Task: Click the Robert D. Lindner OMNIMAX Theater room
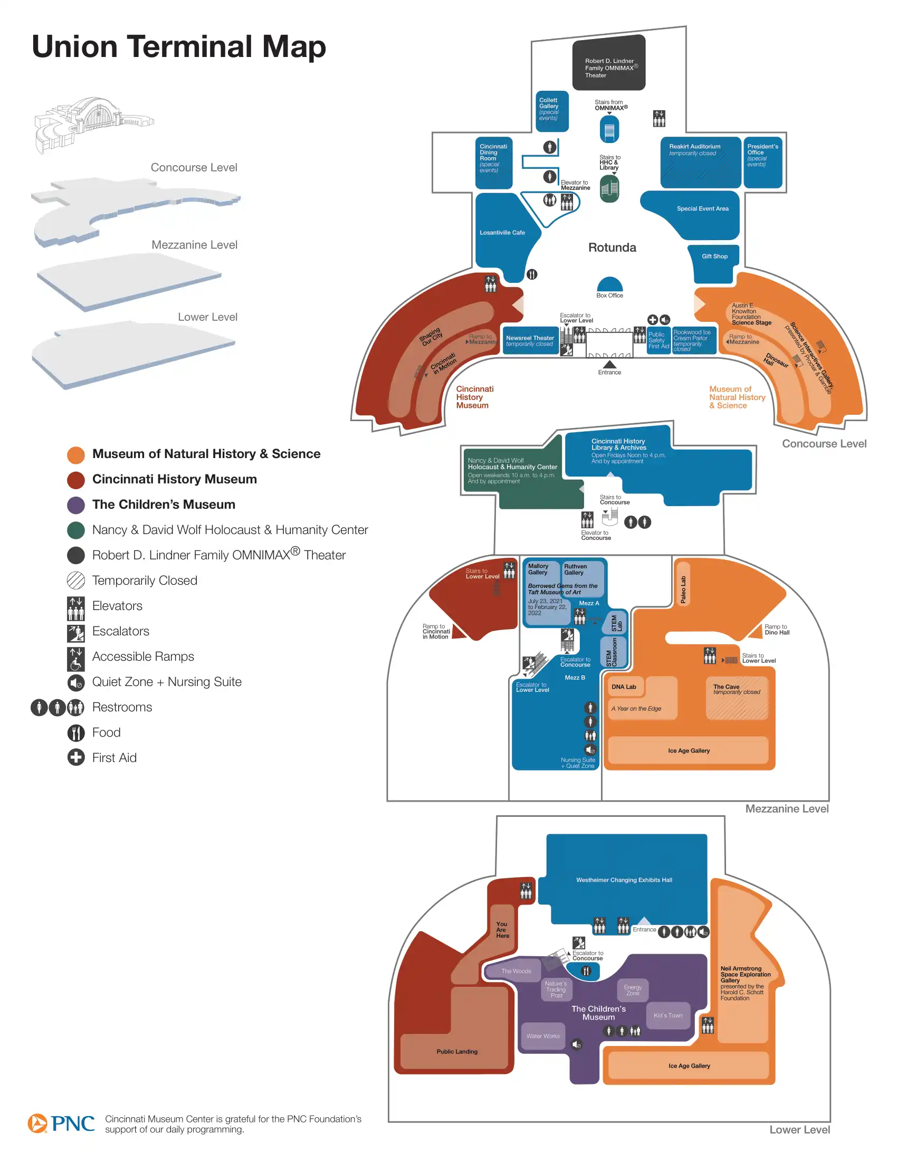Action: tap(608, 63)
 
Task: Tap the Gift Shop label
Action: tap(714, 256)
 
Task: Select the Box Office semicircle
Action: tap(609, 285)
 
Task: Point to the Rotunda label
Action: tap(612, 248)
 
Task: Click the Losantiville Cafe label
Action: tap(502, 233)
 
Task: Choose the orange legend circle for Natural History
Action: tap(76, 455)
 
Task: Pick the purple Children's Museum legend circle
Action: tap(76, 506)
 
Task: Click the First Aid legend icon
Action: tap(76, 757)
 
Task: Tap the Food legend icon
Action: tap(76, 733)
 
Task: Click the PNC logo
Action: tap(62, 1123)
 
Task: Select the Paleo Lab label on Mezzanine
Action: tap(683, 589)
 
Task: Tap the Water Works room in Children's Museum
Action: tap(543, 1036)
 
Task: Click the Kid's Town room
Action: tap(668, 1015)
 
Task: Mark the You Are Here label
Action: tap(502, 930)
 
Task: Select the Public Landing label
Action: tap(457, 1051)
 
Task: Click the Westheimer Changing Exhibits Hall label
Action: tap(624, 880)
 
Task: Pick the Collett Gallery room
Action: tap(551, 111)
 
